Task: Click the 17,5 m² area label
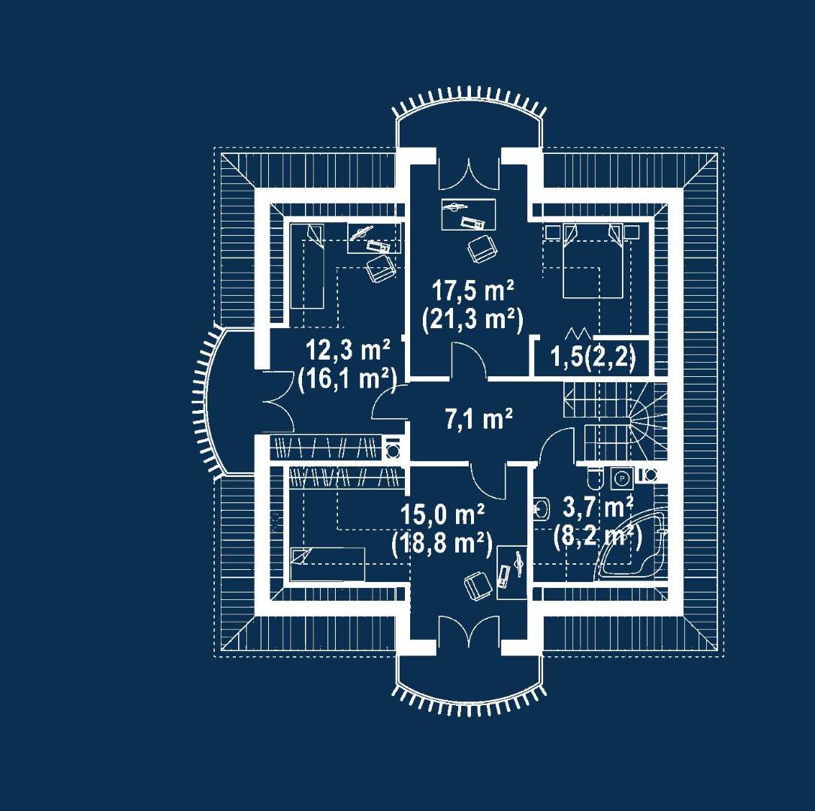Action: pos(473,291)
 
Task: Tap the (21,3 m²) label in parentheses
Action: pos(472,319)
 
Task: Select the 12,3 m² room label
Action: pos(348,350)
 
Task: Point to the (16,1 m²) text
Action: pos(347,378)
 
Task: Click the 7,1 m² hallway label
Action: pos(478,418)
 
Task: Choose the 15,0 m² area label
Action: pos(442,515)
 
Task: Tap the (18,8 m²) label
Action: pos(442,544)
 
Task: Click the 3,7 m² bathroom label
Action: pos(598,507)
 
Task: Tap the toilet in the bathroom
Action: pos(595,478)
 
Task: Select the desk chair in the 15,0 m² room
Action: pos(478,586)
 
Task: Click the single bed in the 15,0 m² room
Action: pos(328,564)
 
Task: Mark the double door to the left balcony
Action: pos(277,401)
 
